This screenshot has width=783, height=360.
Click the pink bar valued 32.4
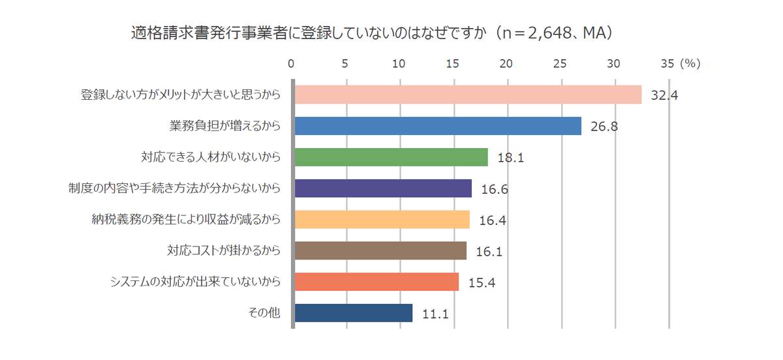pyautogui.click(x=468, y=95)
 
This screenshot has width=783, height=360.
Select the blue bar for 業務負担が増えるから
pyautogui.click(x=438, y=126)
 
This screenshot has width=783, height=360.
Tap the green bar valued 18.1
pyautogui.click(x=391, y=157)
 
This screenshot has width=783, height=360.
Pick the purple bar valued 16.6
pyautogui.click(x=383, y=188)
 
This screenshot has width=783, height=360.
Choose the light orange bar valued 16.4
pyautogui.click(x=382, y=220)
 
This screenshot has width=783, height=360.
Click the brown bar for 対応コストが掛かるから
pyautogui.click(x=380, y=250)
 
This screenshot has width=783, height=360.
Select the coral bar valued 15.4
pyautogui.click(x=376, y=282)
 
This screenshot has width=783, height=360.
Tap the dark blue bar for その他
pyautogui.click(x=354, y=313)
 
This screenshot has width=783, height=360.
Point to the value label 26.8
pyautogui.click(x=604, y=127)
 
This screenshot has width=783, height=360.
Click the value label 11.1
pyautogui.click(x=435, y=314)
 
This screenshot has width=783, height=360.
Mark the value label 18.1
pyautogui.click(x=510, y=158)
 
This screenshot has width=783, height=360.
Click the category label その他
pyautogui.click(x=264, y=313)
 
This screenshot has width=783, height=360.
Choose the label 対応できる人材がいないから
pyautogui.click(x=211, y=157)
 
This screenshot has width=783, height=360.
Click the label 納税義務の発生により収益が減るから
pyautogui.click(x=186, y=220)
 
